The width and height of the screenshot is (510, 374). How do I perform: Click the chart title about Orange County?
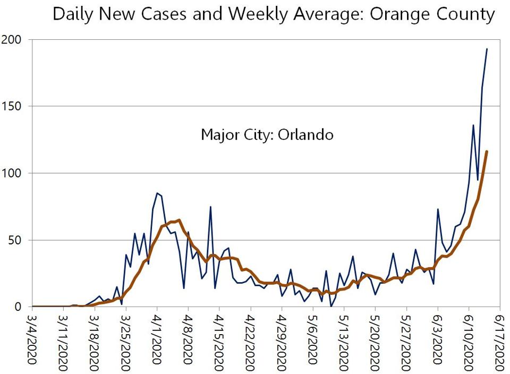[x=274, y=14]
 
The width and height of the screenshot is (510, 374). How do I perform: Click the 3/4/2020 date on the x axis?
[x=32, y=340]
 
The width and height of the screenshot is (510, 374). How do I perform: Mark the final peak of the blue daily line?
[x=487, y=49]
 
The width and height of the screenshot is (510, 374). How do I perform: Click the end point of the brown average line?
[x=487, y=151]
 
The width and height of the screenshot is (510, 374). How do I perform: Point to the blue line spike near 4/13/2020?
[x=210, y=207]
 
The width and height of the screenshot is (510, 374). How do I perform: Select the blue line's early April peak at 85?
[x=157, y=193]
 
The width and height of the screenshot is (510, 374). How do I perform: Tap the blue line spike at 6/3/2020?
[x=438, y=209]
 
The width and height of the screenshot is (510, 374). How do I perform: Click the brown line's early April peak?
[x=179, y=220]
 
